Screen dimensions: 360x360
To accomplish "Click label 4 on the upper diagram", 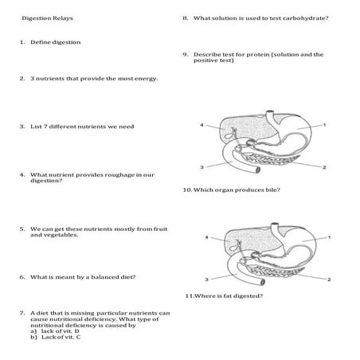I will (x=202, y=125).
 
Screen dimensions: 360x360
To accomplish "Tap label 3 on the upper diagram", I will (x=202, y=166).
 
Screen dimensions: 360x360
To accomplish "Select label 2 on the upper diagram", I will (x=325, y=167).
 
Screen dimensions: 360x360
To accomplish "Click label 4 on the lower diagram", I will (x=206, y=237).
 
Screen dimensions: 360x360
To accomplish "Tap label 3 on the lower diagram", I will (x=206, y=280).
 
